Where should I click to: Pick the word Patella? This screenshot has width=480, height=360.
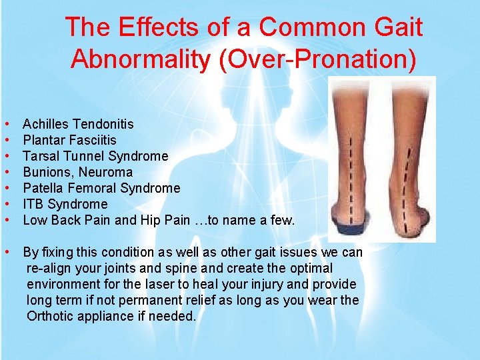tap(44, 188)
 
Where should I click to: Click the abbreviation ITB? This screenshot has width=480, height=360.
tap(33, 204)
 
